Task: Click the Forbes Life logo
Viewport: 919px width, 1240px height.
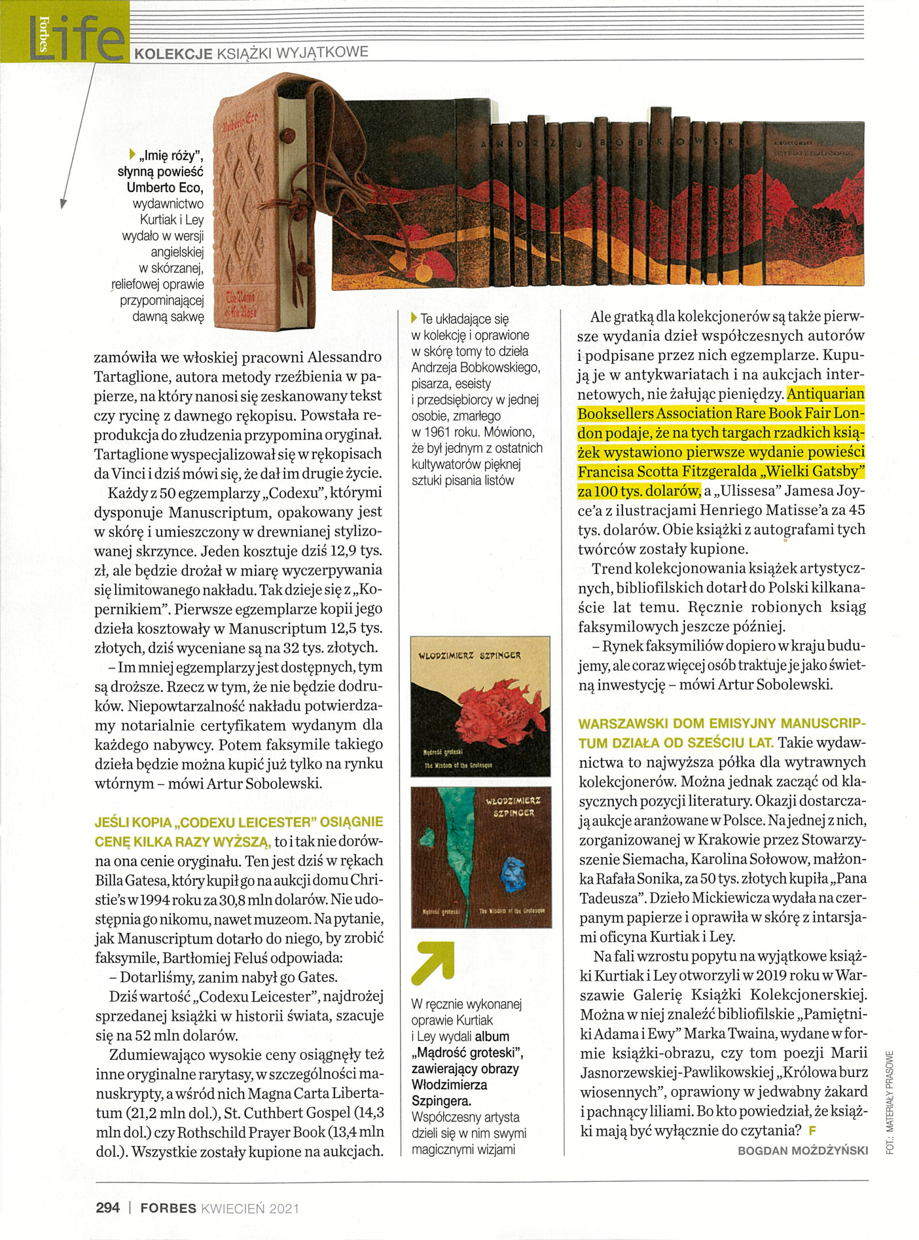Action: coord(64,33)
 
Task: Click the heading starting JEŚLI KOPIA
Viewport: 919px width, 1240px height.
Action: coord(239,822)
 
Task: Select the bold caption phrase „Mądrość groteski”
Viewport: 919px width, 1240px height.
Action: coord(467,1053)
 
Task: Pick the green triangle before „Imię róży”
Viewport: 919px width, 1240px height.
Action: coord(132,154)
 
